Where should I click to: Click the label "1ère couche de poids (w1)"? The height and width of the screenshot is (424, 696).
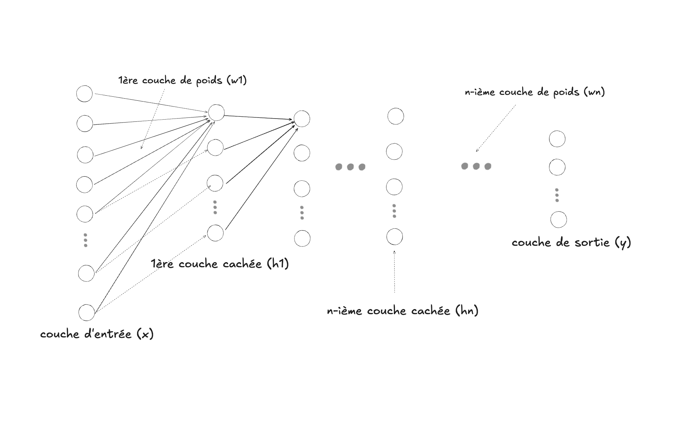[x=183, y=80]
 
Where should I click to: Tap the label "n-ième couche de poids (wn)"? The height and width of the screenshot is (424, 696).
[x=535, y=92]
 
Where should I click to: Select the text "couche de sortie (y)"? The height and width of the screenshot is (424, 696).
[x=571, y=243]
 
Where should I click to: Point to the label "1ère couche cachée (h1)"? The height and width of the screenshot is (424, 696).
[x=220, y=264]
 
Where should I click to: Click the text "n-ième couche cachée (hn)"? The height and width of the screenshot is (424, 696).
[x=402, y=311]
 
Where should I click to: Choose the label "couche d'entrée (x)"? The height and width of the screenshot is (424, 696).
[x=97, y=334]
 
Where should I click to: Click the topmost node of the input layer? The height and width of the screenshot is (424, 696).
[x=84, y=94]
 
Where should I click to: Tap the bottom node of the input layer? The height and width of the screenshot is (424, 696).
[x=87, y=313]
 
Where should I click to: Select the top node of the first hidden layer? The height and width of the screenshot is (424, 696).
[x=216, y=113]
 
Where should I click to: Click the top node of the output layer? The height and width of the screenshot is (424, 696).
[x=557, y=139]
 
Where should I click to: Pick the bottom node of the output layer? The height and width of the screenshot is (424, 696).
[x=559, y=220]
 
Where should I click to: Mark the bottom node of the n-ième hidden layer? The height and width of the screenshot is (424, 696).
[x=395, y=237]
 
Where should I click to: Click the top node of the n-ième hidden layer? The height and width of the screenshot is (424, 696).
[x=396, y=116]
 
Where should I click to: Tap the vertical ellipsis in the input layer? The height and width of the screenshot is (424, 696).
[x=85, y=240]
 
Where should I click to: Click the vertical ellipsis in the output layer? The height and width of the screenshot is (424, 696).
[x=557, y=195]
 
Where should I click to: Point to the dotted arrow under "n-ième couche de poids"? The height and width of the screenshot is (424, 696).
[x=496, y=128]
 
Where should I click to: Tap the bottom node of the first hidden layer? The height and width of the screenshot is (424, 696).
[x=215, y=233]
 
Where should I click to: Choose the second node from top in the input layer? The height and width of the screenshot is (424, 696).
[x=85, y=124]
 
